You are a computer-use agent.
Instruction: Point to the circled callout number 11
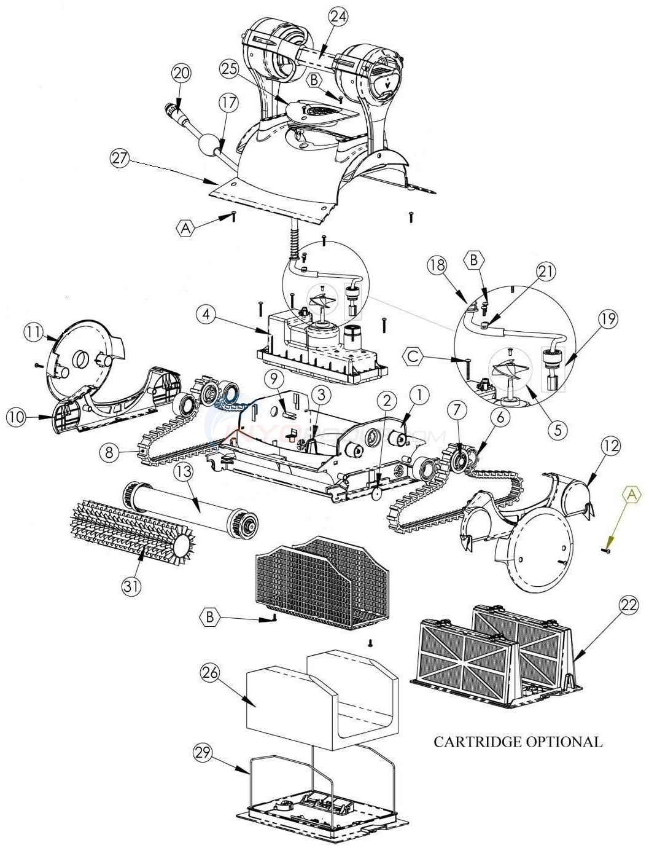coord(33,332)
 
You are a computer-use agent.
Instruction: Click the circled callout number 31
coord(131,586)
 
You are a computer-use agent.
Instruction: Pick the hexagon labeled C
coord(413,355)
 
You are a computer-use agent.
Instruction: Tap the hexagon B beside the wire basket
coord(210,616)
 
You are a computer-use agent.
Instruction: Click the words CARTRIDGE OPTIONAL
coord(518,742)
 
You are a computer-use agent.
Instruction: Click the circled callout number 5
coord(557,430)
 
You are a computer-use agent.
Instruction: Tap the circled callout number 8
coord(108,453)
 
